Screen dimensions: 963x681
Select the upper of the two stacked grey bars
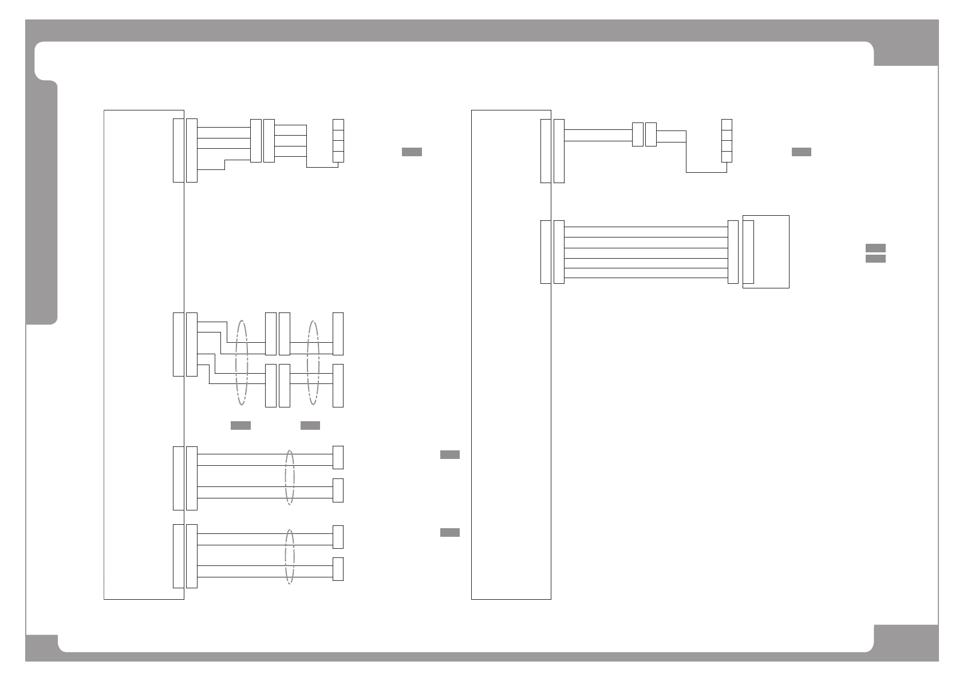(x=875, y=248)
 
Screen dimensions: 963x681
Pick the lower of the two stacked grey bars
(x=875, y=259)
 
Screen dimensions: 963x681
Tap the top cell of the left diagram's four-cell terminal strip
(x=338, y=125)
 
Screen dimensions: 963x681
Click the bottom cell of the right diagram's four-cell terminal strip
(x=727, y=156)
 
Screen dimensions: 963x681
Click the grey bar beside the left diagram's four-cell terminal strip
(x=412, y=152)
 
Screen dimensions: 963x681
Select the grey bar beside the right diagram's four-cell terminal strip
(x=801, y=152)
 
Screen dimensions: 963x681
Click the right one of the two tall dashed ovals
(x=313, y=362)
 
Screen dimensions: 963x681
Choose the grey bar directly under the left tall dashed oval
(x=240, y=425)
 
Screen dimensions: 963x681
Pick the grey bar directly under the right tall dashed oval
(x=310, y=425)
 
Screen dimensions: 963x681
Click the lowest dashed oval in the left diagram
(x=290, y=556)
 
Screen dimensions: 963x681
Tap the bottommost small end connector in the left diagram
(x=338, y=569)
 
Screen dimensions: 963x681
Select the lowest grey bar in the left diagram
(x=449, y=533)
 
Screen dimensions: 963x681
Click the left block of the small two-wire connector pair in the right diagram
(x=637, y=134)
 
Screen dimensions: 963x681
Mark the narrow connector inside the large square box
(x=748, y=252)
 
